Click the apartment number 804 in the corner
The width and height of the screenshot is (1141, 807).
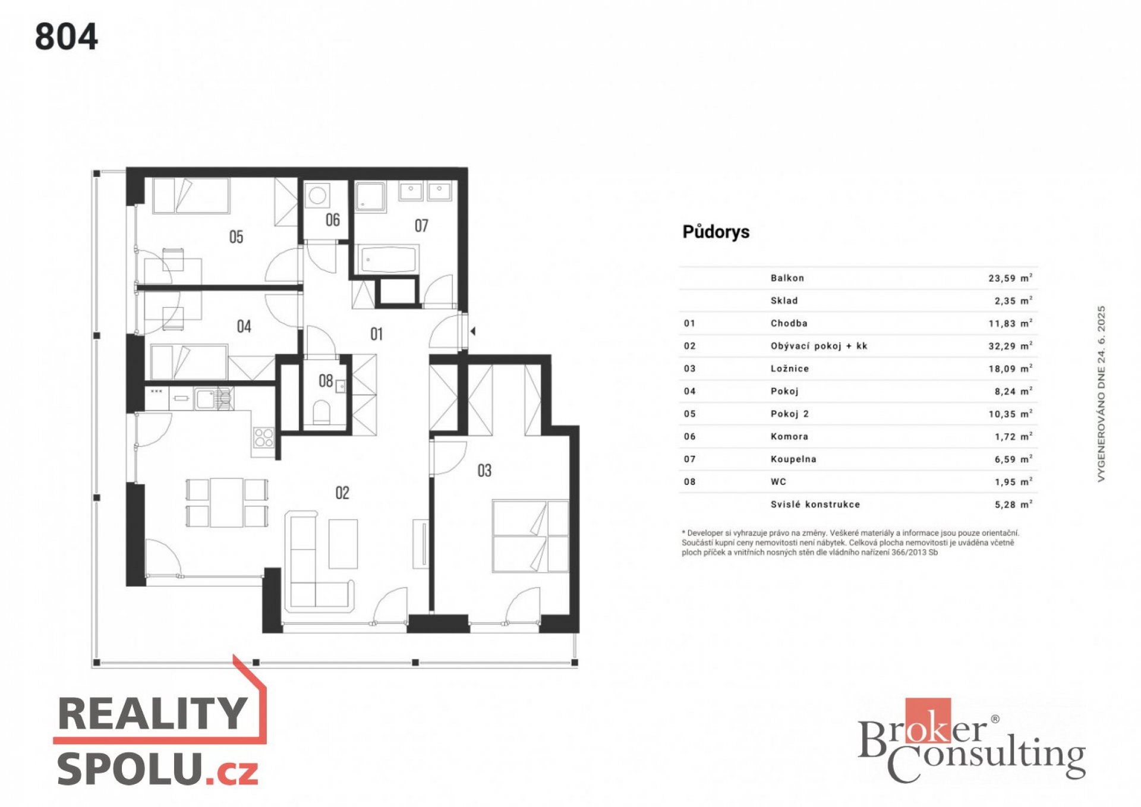[x=66, y=37]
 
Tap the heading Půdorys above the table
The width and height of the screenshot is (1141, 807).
[x=716, y=232]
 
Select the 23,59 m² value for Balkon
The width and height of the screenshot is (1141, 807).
[x=1010, y=278]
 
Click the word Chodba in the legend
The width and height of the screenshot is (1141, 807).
[x=789, y=323]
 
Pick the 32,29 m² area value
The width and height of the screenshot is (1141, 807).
[x=1010, y=346]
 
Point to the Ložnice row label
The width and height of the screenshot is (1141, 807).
[x=790, y=368]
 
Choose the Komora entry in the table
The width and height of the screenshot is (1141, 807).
[x=789, y=436]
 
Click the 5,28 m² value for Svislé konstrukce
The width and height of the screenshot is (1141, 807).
[x=1013, y=505]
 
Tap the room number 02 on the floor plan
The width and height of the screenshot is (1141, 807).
[x=342, y=493]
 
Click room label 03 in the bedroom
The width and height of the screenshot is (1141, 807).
[x=484, y=471]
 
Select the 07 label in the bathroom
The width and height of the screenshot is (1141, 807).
[x=421, y=225]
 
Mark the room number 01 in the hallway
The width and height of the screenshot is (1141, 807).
[x=376, y=334]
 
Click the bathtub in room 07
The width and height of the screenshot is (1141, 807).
[x=388, y=260]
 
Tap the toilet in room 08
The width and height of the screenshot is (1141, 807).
[x=321, y=411]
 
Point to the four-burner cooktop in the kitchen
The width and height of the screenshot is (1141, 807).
[x=263, y=438]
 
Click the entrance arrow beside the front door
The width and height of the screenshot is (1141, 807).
[x=473, y=332]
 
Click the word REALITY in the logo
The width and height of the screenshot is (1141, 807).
[x=153, y=713]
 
